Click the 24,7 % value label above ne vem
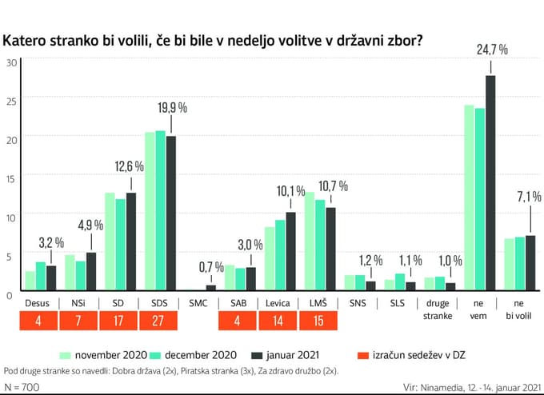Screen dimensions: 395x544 pyautogui.click(x=492, y=50)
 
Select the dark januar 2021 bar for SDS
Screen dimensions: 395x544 pyautogui.click(x=170, y=212)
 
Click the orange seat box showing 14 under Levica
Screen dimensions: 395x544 pyautogui.click(x=278, y=321)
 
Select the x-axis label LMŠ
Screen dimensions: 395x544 pyautogui.click(x=318, y=303)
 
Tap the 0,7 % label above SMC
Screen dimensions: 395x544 pyautogui.click(x=210, y=265)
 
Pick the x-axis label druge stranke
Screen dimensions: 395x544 pyautogui.click(x=438, y=309)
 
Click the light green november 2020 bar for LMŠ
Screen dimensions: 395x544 pyautogui.click(x=309, y=241)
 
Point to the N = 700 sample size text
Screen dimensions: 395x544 pyautogui.click(x=22, y=387)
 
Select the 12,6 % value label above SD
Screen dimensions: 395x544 pyautogui.click(x=130, y=166)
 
